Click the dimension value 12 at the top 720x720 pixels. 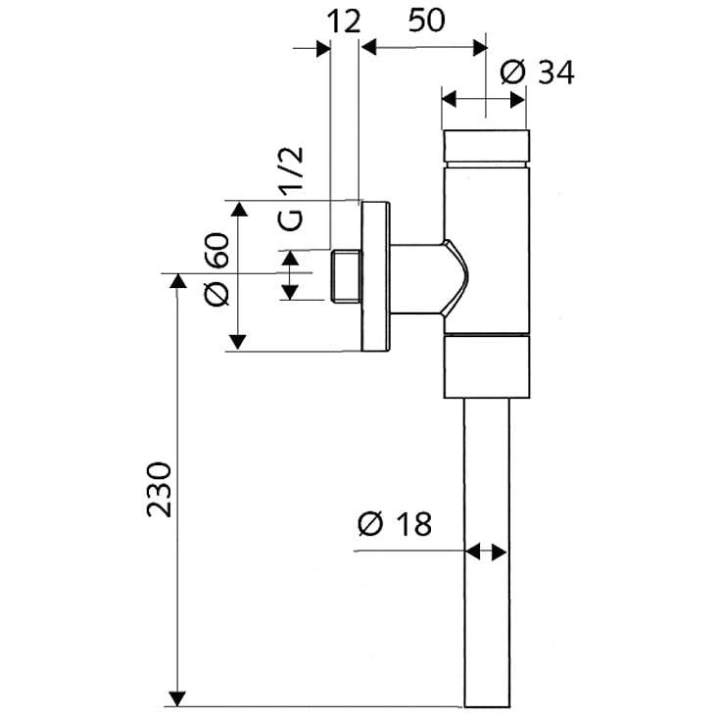(x=344, y=23)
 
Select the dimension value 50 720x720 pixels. (x=426, y=21)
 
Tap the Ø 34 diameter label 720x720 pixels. (x=537, y=72)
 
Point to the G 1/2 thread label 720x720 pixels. (x=291, y=189)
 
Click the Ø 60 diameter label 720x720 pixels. (x=216, y=270)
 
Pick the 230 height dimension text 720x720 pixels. (x=159, y=490)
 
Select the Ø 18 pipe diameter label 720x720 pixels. (x=395, y=524)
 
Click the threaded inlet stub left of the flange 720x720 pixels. (x=346, y=276)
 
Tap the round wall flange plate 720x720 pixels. (x=376, y=276)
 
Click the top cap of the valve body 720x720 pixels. (x=486, y=146)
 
